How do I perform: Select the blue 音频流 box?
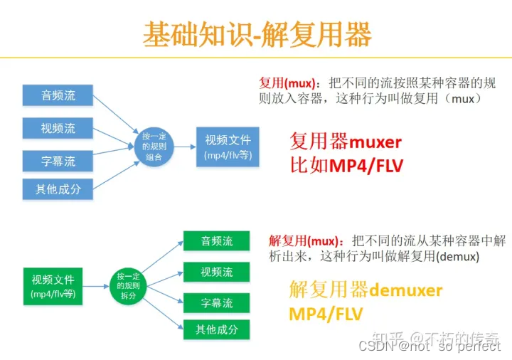[x=58, y=95]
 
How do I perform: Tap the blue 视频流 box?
[x=58, y=129]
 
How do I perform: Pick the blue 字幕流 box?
[x=58, y=162]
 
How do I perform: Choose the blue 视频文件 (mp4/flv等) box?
[x=228, y=147]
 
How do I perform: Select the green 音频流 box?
[x=216, y=241]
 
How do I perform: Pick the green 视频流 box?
[x=216, y=272]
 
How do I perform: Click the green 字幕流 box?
[x=216, y=303]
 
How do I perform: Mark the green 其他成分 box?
[x=216, y=329]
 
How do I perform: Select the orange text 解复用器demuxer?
[x=366, y=290]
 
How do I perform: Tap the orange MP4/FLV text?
[x=326, y=314]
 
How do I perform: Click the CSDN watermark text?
[x=429, y=346]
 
